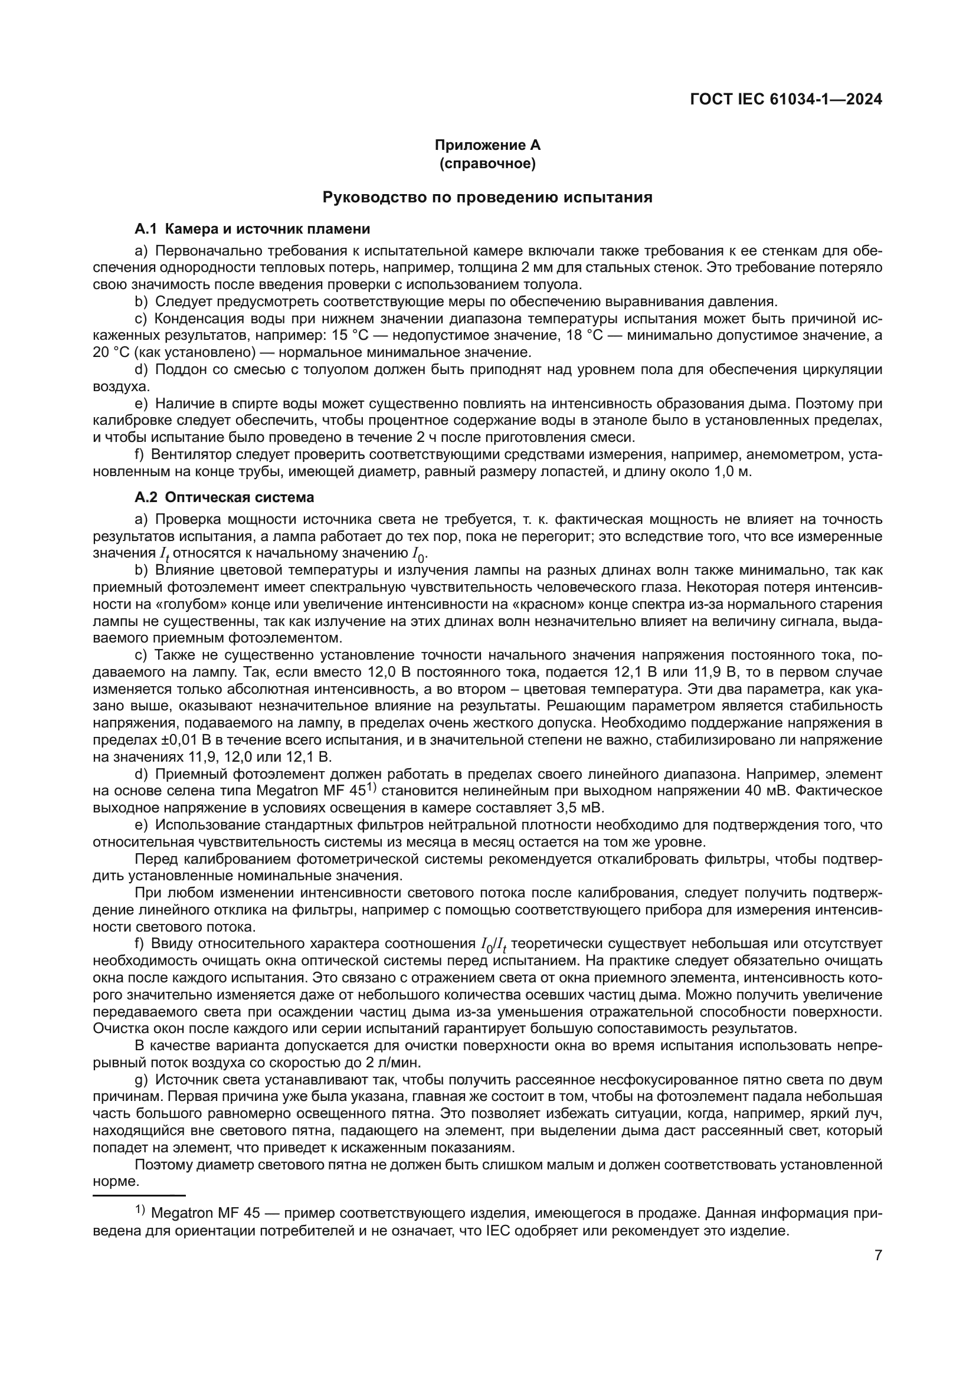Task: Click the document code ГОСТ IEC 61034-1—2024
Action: click(786, 100)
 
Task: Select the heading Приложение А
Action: click(487, 145)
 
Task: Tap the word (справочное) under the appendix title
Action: click(487, 163)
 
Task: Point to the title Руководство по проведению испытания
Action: click(487, 197)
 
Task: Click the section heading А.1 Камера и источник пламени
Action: click(253, 229)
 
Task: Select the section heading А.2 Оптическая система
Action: click(224, 498)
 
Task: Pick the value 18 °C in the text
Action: click(584, 335)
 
